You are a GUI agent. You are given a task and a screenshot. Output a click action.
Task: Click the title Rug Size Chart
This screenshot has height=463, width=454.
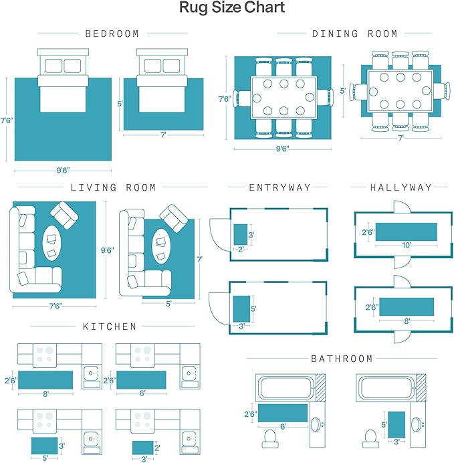[x=231, y=9]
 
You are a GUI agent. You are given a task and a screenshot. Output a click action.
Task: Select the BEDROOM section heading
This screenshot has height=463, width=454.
[x=112, y=33]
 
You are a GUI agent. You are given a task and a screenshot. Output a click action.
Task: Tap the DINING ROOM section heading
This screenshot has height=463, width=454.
[x=354, y=33]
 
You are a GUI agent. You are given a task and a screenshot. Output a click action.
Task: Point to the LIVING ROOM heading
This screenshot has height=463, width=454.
[x=113, y=188]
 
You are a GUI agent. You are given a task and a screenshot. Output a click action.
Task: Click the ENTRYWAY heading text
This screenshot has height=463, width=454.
[x=279, y=188]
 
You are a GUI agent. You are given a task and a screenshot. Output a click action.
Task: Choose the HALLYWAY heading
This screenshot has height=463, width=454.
[x=401, y=188]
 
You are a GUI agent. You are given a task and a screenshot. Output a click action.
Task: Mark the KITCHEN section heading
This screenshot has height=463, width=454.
[x=110, y=327]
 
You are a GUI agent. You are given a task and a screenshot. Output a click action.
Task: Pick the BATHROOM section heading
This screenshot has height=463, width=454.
[x=342, y=359]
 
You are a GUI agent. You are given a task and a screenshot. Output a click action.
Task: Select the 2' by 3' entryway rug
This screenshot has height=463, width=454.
[x=241, y=235]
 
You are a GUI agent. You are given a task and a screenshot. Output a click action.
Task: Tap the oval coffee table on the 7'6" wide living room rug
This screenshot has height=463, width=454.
[x=52, y=243]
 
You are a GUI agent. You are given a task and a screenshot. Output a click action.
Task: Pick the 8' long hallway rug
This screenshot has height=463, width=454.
[x=407, y=308]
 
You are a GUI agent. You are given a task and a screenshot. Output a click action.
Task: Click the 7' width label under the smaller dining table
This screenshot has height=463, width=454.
[x=401, y=137]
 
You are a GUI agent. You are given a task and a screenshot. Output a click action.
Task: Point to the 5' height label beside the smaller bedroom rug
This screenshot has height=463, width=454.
[x=121, y=104]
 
